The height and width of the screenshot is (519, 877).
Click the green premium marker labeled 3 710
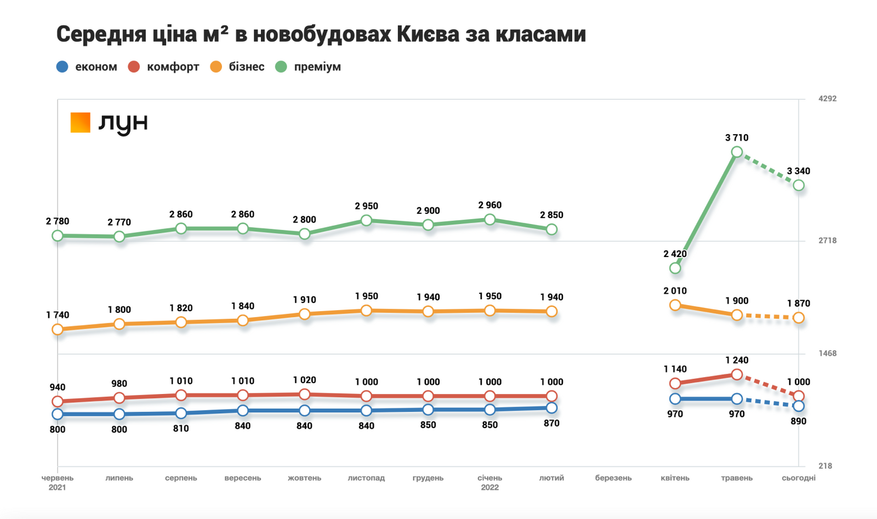pyautogui.click(x=737, y=152)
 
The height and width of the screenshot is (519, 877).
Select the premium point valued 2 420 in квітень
pyautogui.click(x=675, y=268)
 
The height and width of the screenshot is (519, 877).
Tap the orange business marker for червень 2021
pyautogui.click(x=58, y=329)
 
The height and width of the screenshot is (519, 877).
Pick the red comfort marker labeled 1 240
pyautogui.click(x=737, y=374)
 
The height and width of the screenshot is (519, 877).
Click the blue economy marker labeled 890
pyautogui.click(x=799, y=406)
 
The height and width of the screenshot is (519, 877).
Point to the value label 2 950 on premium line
pyautogui.click(x=366, y=206)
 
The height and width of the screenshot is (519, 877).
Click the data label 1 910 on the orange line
pyautogui.click(x=304, y=300)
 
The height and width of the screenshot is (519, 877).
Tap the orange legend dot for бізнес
pyautogui.click(x=217, y=67)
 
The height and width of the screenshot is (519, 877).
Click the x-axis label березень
pyautogui.click(x=613, y=478)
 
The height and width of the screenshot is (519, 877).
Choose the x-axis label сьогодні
pyautogui.click(x=799, y=478)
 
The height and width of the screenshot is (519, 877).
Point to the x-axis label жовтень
pyautogui.click(x=304, y=478)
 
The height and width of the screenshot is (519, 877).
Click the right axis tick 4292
pyautogui.click(x=827, y=99)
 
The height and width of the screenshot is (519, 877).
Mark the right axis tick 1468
pyautogui.click(x=827, y=353)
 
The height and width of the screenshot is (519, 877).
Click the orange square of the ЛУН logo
pyautogui.click(x=80, y=122)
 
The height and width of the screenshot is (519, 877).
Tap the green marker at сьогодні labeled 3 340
pyautogui.click(x=799, y=185)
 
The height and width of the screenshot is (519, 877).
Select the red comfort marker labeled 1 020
pyautogui.click(x=304, y=395)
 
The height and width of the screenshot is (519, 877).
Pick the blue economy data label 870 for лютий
pyautogui.click(x=551, y=423)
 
